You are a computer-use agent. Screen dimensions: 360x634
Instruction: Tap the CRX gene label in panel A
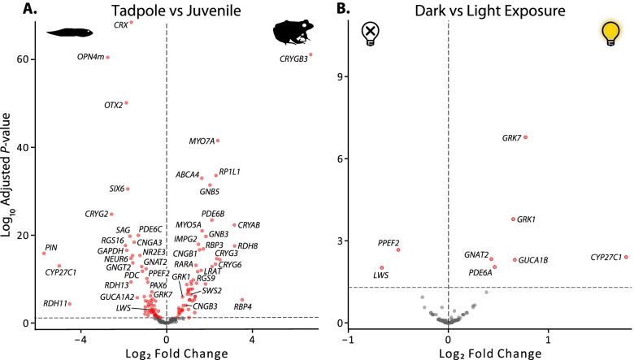click(119, 26)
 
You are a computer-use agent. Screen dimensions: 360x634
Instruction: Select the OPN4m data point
click(107, 57)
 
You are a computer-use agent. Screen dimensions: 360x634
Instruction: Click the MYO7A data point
click(218, 141)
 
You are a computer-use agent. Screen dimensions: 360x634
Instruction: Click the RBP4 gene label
click(243, 306)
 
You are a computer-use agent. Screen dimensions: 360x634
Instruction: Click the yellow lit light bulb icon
click(609, 33)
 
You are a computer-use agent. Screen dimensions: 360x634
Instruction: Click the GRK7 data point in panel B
click(526, 137)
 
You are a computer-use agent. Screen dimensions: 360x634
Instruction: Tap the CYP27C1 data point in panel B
click(626, 257)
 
